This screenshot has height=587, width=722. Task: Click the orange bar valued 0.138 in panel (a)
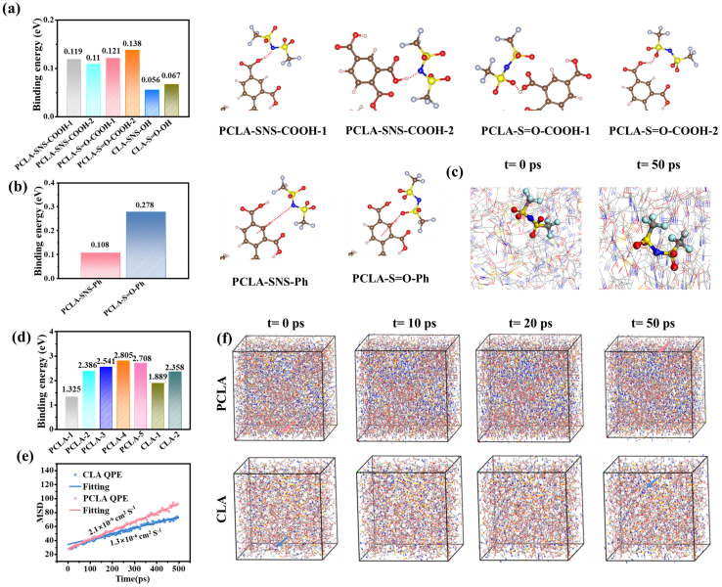[133, 79]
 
